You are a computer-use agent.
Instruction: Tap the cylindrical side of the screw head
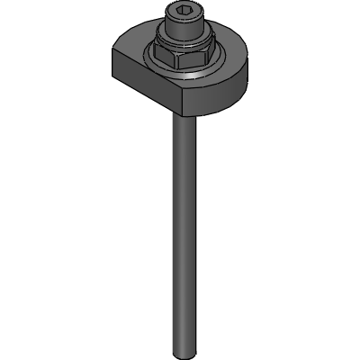coord(180,28)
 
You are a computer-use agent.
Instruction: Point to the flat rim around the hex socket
coord(169,12)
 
